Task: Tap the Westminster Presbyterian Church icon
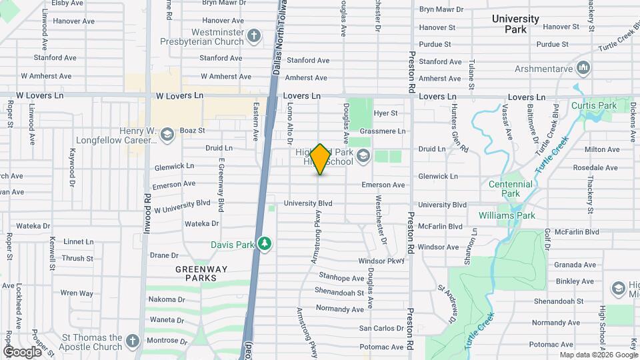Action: click(254, 35)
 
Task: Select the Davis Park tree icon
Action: click(265, 244)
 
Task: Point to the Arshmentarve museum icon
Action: click(584, 67)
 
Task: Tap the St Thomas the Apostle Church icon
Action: click(132, 341)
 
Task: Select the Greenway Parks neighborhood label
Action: click(201, 273)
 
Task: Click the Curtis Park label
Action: click(593, 106)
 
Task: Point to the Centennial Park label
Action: click(510, 188)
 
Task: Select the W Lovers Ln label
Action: click(179, 96)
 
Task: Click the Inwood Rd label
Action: click(147, 213)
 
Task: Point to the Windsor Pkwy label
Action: click(381, 261)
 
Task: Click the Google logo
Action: click(22, 351)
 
